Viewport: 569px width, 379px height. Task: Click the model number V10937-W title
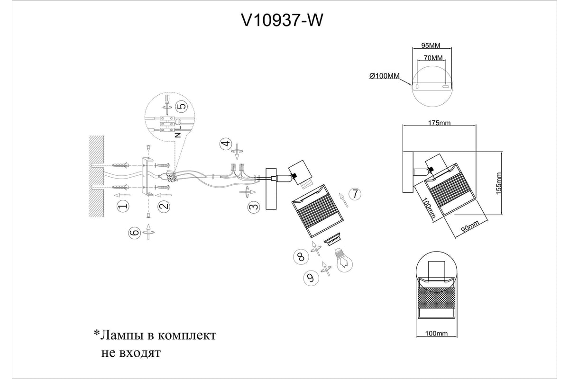tap(284, 20)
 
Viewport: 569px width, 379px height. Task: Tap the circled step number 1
tap(123, 207)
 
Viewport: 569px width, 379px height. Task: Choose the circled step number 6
tap(134, 232)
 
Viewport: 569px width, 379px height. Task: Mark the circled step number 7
tap(355, 194)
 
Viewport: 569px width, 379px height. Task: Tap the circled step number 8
tap(300, 257)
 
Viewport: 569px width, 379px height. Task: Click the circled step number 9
tap(311, 278)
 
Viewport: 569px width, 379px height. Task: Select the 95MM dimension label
tap(431, 46)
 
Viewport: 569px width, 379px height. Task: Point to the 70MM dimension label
tap(431, 58)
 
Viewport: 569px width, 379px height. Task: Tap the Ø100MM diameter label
tap(384, 76)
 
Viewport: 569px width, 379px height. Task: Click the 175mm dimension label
tap(439, 123)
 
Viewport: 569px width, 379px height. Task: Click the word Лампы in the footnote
tap(124, 335)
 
